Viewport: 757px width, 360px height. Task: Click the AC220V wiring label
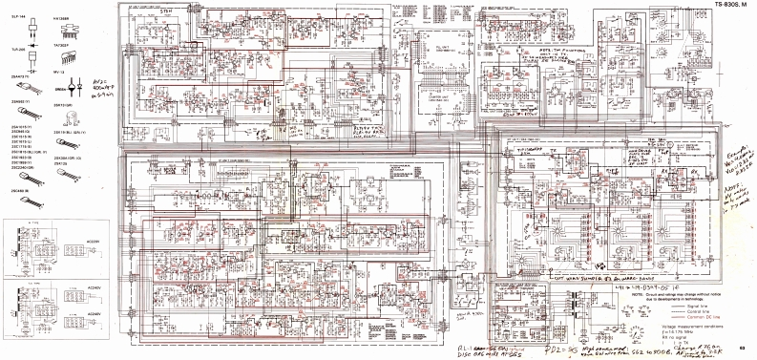point(95,241)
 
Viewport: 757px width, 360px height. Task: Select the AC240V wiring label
point(95,286)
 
